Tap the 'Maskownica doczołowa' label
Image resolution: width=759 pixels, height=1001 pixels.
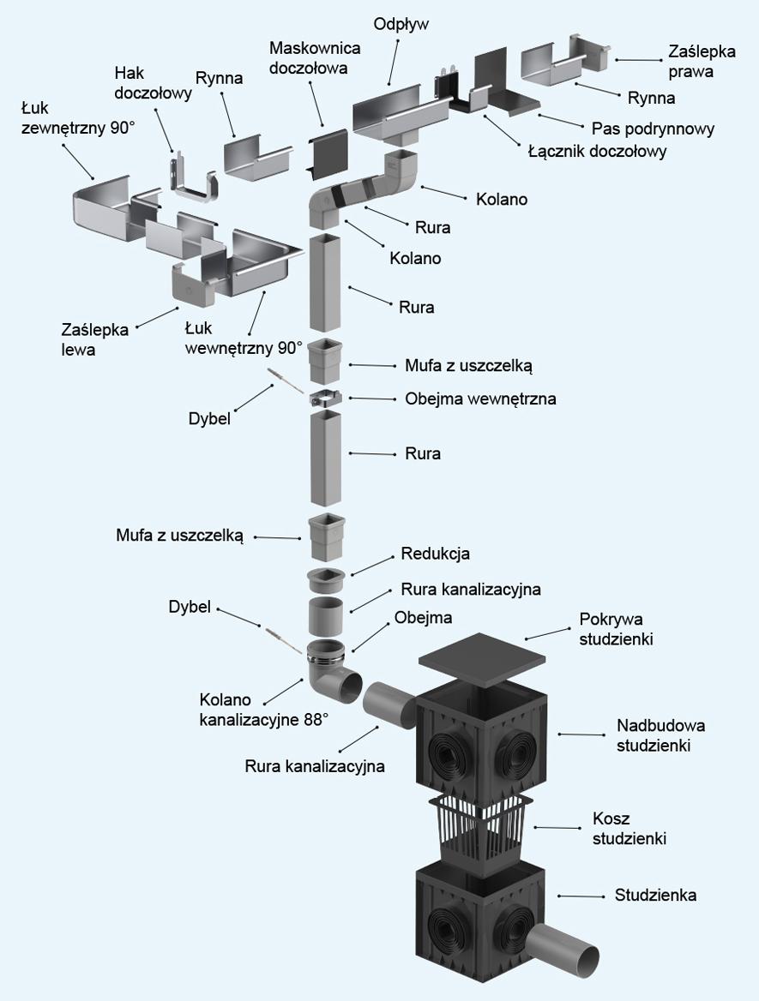click(x=314, y=57)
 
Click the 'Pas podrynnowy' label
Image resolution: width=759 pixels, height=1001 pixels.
click(x=653, y=129)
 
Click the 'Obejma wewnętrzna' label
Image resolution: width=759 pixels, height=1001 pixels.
click(x=480, y=399)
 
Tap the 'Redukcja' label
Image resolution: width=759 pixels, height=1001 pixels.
click(x=435, y=554)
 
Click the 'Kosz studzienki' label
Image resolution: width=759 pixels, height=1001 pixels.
click(x=629, y=828)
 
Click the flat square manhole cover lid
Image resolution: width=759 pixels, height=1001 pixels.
click(x=481, y=656)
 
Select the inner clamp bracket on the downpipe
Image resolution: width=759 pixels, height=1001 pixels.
click(x=326, y=399)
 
